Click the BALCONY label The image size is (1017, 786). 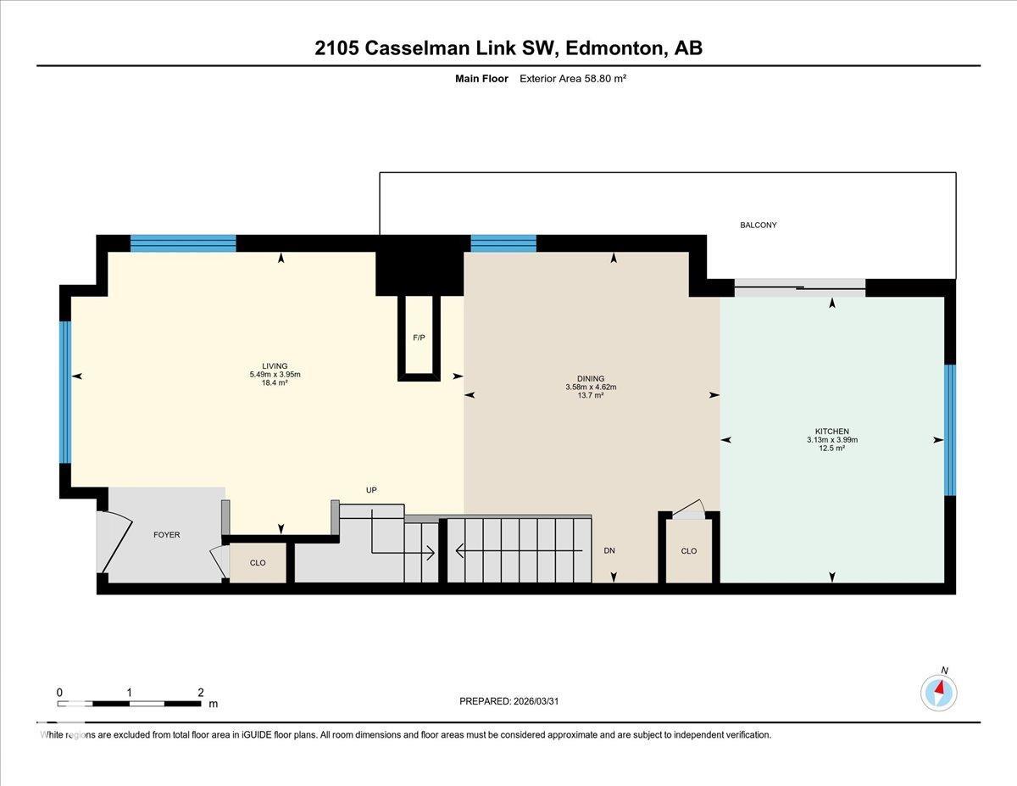pyautogui.click(x=759, y=226)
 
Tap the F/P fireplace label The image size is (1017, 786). pyautogui.click(x=419, y=337)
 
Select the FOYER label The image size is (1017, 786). pyautogui.click(x=167, y=535)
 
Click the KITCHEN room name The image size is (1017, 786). pyautogui.click(x=831, y=431)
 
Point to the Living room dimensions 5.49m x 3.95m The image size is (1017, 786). pyautogui.click(x=275, y=375)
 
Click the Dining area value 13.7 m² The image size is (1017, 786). pyautogui.click(x=591, y=395)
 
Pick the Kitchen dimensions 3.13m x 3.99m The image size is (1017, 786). pyautogui.click(x=831, y=439)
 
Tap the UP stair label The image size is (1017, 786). pyautogui.click(x=371, y=490)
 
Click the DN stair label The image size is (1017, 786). pyautogui.click(x=609, y=550)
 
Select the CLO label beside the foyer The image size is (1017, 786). pyautogui.click(x=258, y=563)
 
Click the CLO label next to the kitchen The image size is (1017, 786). pyautogui.click(x=689, y=551)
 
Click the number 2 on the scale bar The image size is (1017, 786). pyautogui.click(x=201, y=693)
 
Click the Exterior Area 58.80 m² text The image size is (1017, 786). pyautogui.click(x=573, y=79)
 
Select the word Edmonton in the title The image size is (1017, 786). pyautogui.click(x=616, y=48)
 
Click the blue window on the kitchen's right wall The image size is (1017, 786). pyautogui.click(x=949, y=430)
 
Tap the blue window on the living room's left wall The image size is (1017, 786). pyautogui.click(x=65, y=393)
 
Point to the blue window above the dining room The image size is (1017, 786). pyautogui.click(x=503, y=243)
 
